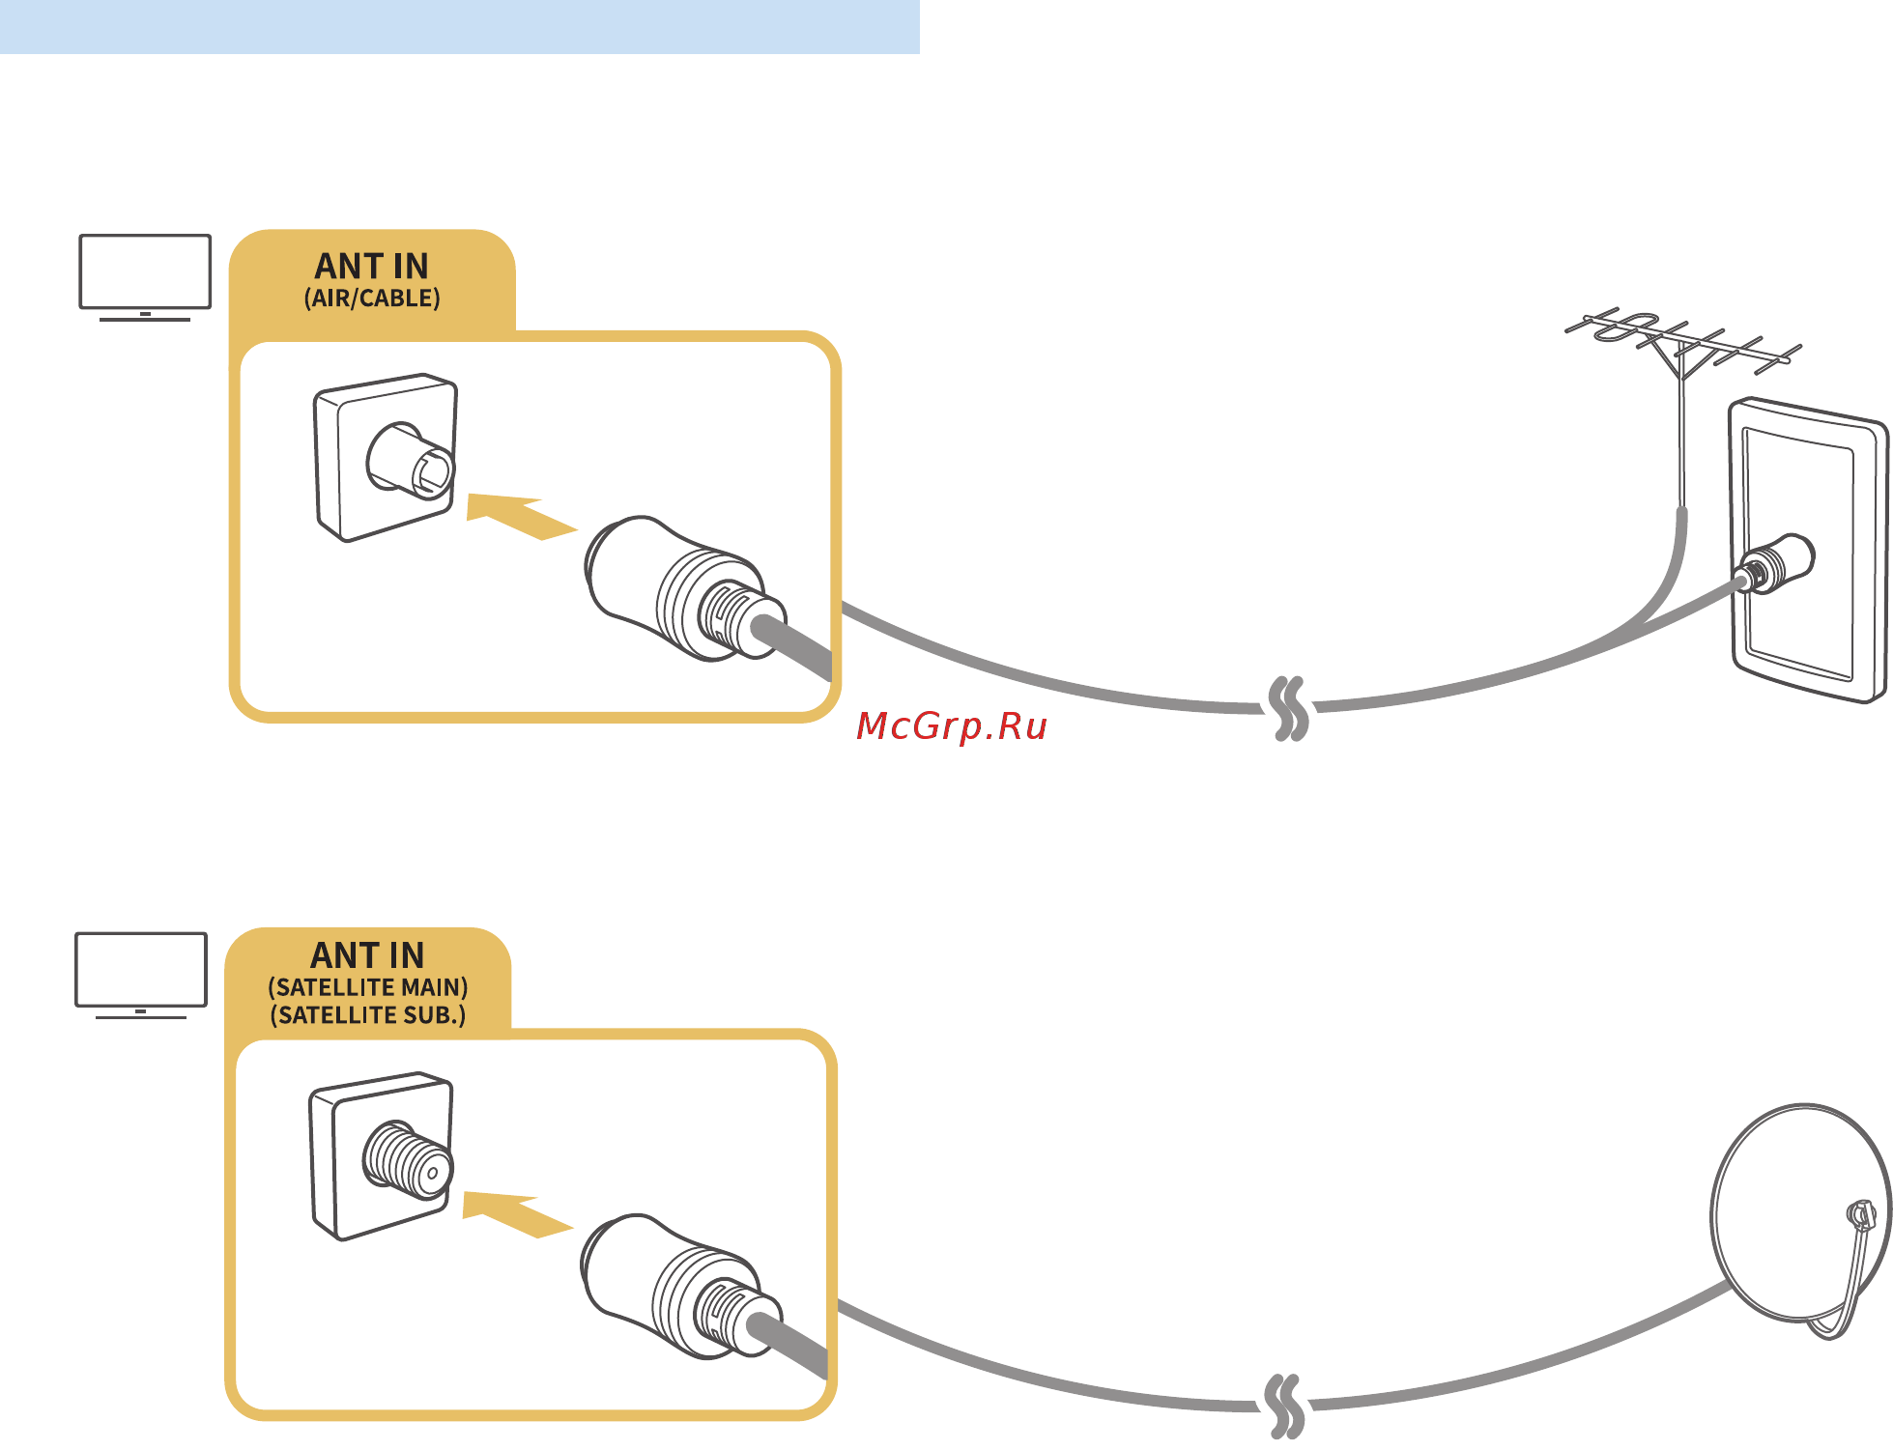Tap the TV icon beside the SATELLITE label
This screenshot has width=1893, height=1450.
click(x=141, y=973)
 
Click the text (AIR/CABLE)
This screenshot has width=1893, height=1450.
click(x=372, y=299)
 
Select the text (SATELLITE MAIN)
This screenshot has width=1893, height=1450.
click(x=368, y=987)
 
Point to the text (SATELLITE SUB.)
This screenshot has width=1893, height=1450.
click(x=368, y=1015)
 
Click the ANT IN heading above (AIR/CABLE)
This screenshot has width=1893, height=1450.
click(x=372, y=266)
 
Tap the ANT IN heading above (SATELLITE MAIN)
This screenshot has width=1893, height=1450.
click(x=368, y=955)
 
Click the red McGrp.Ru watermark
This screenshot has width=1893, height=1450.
click(x=952, y=725)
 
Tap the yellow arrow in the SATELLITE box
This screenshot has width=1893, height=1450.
click(x=516, y=1213)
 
